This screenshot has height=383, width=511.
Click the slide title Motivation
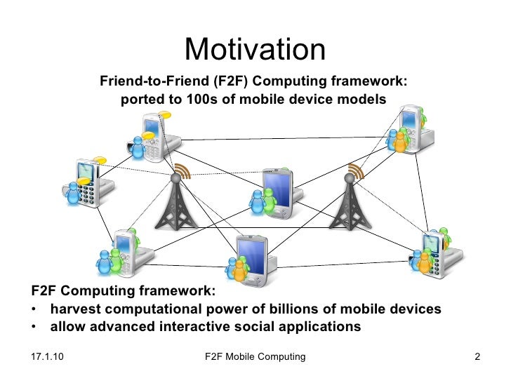(255, 49)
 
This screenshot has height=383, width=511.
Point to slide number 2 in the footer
(477, 357)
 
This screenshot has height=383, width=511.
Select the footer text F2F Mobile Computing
(255, 357)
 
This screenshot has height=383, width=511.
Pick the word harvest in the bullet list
(74, 309)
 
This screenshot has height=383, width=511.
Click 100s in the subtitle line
(203, 100)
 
